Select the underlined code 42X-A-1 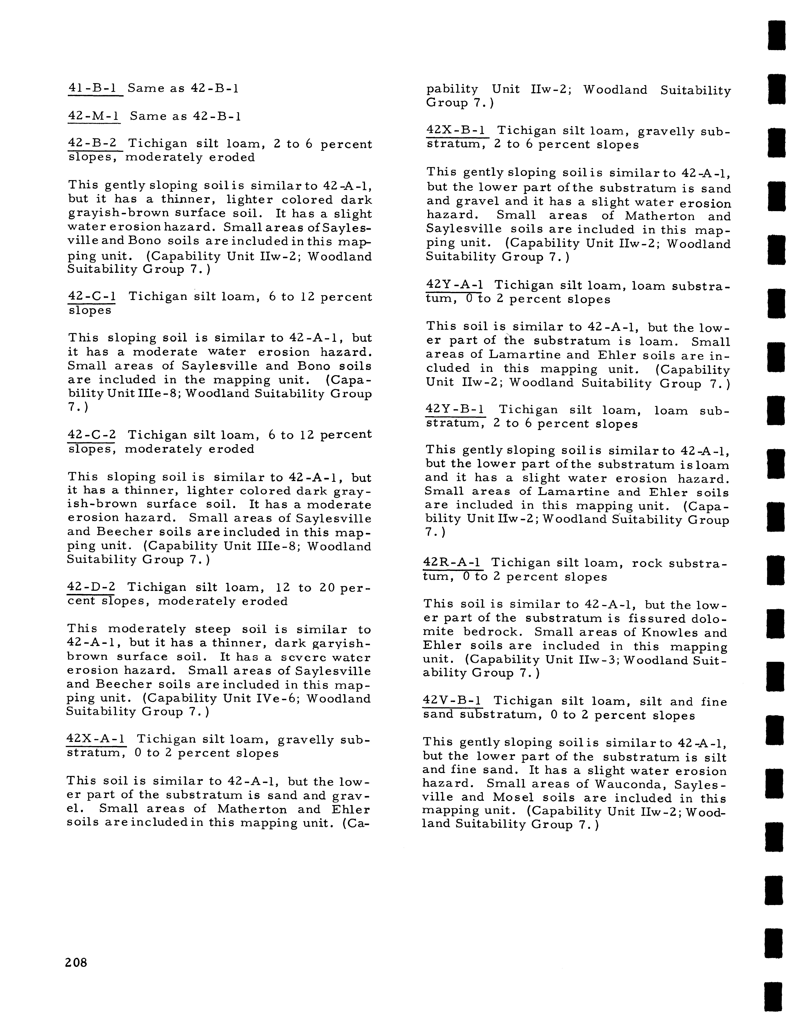pyautogui.click(x=96, y=739)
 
